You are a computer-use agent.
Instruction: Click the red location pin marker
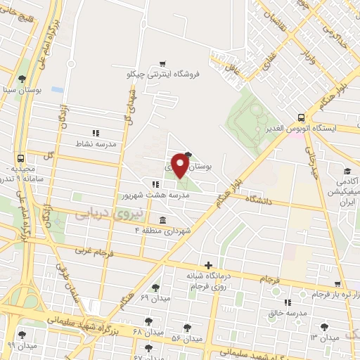point(180,165)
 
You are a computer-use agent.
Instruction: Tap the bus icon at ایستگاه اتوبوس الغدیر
point(302,117)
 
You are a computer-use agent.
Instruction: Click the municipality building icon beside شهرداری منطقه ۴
point(163,219)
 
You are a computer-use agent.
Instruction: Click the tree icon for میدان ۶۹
point(155,288)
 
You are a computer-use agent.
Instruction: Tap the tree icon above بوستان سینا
point(22,79)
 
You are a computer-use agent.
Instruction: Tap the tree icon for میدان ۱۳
point(324,326)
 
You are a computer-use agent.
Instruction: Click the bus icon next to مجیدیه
point(21,158)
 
